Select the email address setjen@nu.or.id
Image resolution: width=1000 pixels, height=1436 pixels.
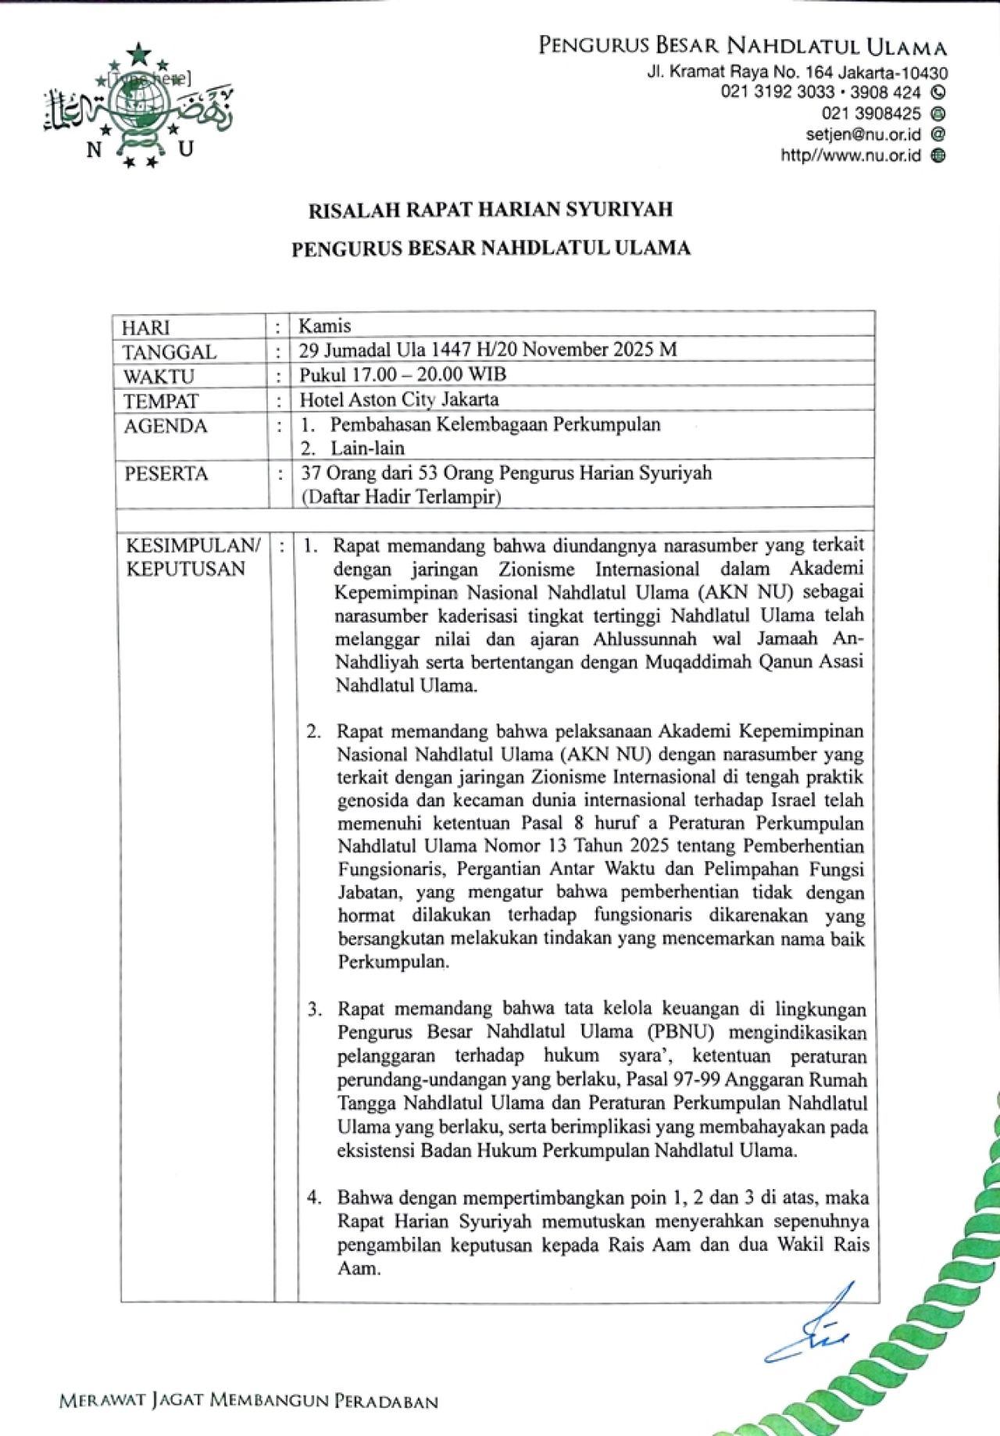tap(863, 134)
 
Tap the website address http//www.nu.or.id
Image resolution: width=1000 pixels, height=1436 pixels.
tap(850, 155)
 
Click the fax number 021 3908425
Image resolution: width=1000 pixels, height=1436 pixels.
tap(871, 113)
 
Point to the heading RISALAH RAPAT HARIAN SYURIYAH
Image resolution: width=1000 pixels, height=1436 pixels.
tap(490, 209)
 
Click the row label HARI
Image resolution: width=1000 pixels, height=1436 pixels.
tap(146, 327)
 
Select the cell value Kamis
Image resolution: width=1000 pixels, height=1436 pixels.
tap(325, 326)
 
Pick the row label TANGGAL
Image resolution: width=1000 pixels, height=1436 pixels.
tap(170, 352)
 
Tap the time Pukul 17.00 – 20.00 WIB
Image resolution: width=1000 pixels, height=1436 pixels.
tap(403, 374)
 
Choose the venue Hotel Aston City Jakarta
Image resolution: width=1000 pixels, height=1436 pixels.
tap(399, 399)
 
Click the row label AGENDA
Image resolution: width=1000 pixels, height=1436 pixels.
tap(166, 426)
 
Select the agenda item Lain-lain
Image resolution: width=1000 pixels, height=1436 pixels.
tap(367, 448)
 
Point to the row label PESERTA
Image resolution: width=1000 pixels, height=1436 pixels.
tap(166, 473)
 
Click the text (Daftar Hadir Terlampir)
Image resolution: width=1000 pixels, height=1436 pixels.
tap(401, 496)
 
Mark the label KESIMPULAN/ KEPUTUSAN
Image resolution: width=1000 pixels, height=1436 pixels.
tap(192, 556)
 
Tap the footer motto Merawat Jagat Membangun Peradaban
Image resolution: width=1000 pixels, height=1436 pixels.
tap(248, 1401)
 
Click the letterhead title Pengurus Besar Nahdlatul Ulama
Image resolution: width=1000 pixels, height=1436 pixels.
tap(742, 46)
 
